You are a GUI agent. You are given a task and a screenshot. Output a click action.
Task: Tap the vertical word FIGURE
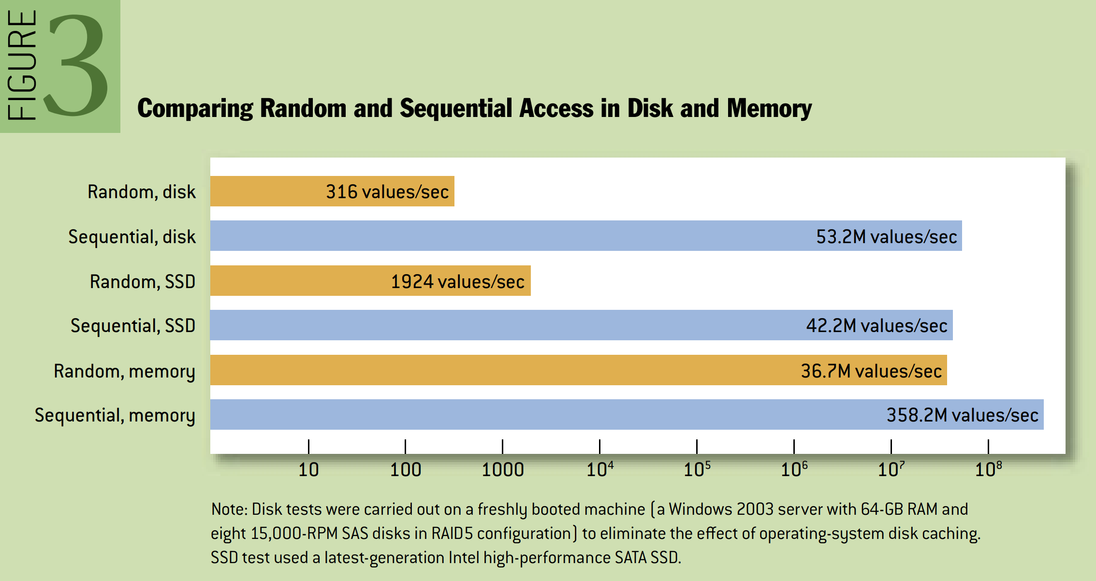22,65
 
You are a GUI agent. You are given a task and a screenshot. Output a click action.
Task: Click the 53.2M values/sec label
886,237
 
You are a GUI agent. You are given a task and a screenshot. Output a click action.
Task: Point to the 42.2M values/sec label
876,326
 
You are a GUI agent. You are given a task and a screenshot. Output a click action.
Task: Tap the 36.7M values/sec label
871,371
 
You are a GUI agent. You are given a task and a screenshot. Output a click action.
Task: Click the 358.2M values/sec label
962,415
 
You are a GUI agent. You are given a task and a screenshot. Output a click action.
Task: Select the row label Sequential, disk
132,237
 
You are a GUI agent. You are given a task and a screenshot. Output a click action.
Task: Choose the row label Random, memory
124,371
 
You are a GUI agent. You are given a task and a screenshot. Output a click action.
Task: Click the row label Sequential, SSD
133,326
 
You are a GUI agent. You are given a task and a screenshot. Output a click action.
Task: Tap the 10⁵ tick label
697,469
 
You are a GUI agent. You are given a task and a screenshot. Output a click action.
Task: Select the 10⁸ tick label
988,469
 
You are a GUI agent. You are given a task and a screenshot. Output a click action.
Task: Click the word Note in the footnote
229,509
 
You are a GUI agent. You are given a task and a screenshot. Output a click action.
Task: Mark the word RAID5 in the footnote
452,534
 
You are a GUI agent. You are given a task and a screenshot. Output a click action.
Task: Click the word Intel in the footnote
464,558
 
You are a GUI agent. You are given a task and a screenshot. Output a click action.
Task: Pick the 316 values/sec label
387,192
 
